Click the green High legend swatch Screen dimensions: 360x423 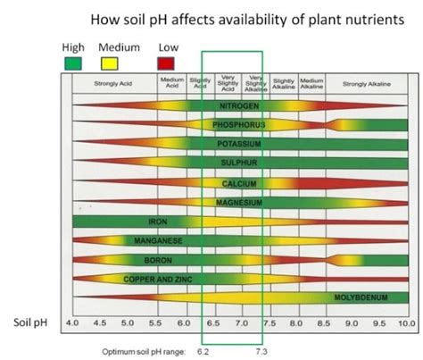76,62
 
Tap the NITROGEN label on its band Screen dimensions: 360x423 236,105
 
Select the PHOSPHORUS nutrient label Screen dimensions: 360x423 236,124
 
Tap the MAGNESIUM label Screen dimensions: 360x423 238,202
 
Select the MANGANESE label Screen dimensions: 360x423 158,240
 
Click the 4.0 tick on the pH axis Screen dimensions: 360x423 73,322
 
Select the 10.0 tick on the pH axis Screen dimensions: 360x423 407,322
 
